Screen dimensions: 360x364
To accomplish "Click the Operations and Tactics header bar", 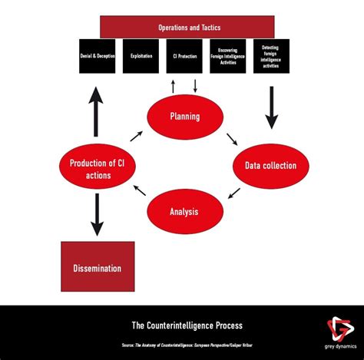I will click(187, 27).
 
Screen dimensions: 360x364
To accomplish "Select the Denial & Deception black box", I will click(97, 56).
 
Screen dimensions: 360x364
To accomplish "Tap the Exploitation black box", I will click(141, 56).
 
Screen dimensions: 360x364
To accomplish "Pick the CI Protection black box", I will click(184, 56).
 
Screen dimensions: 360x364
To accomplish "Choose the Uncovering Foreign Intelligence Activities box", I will click(228, 56).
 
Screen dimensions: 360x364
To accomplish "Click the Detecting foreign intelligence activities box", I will click(271, 56).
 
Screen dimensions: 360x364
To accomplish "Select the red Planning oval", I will click(184, 117).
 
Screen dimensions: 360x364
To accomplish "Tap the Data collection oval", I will click(270, 165).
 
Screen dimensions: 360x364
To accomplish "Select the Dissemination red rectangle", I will click(97, 268).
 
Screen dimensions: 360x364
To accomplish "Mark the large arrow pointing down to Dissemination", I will click(97, 216).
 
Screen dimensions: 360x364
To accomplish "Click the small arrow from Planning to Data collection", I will click(231, 138).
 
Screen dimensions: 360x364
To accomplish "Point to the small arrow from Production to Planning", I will click(136, 136).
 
